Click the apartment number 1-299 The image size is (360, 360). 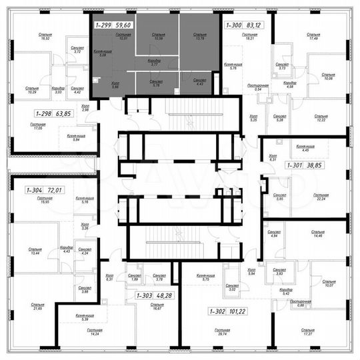click(103, 25)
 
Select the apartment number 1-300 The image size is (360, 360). click(233, 25)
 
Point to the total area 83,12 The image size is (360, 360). click(256, 25)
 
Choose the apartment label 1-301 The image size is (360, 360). click(295, 164)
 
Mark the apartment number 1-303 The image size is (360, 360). click(143, 295)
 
